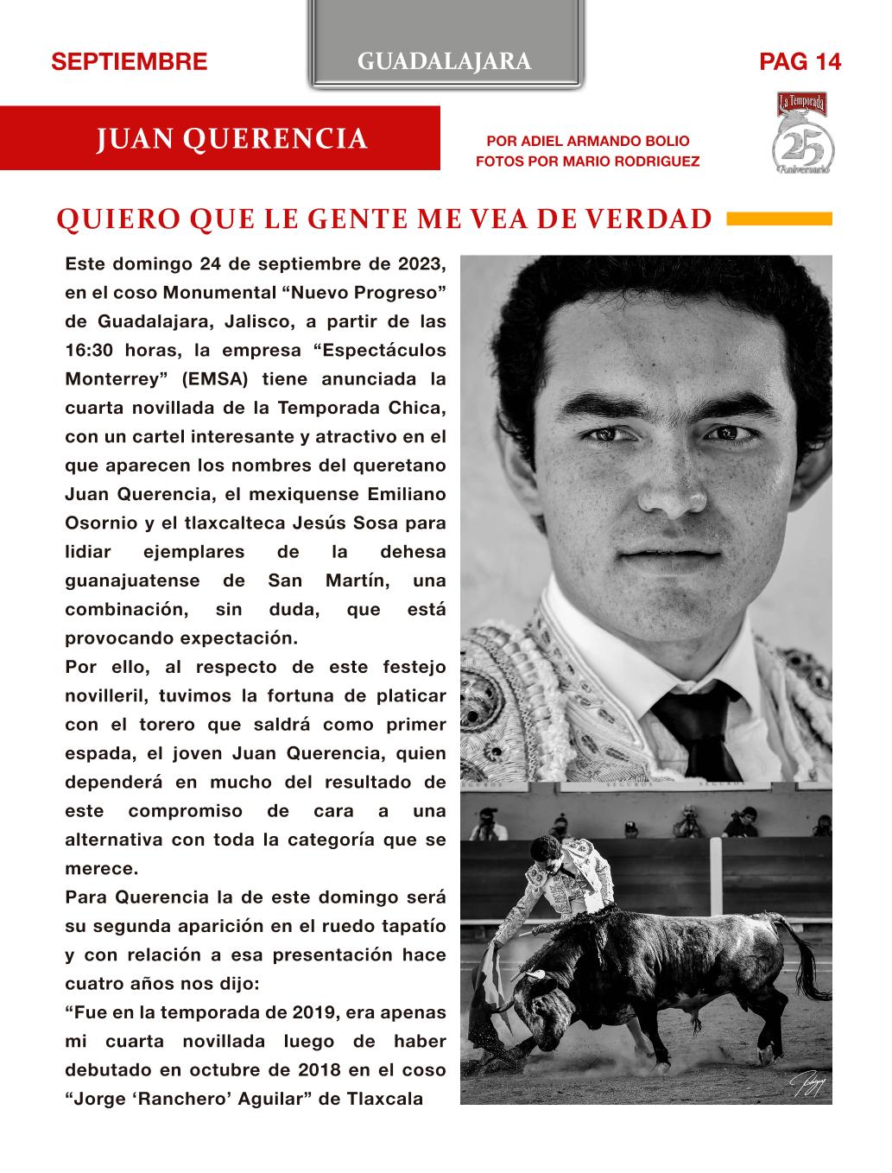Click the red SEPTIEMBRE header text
[130, 62]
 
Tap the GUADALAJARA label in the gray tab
[444, 61]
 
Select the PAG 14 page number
[800, 62]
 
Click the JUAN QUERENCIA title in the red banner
[232, 139]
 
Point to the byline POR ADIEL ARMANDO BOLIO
[588, 141]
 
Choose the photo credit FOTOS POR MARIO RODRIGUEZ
[587, 162]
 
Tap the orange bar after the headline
[780, 219]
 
